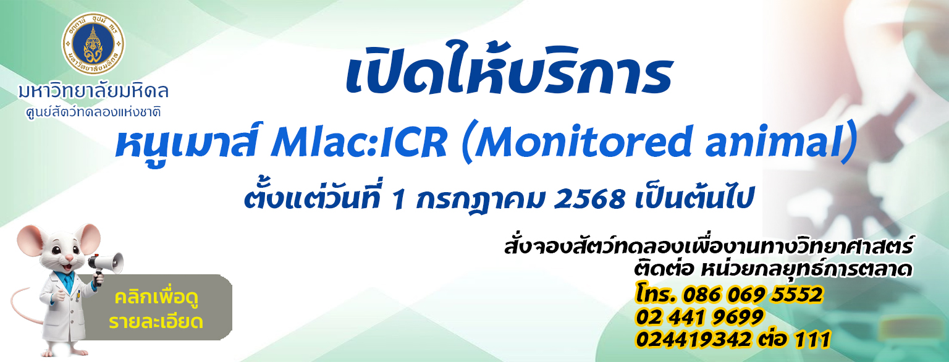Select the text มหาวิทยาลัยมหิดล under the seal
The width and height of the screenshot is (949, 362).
93,91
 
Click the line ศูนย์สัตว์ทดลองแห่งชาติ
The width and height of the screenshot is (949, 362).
93,112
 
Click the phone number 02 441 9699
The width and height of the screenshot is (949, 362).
699,317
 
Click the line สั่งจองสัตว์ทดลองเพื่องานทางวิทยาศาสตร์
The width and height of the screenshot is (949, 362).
708,246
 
